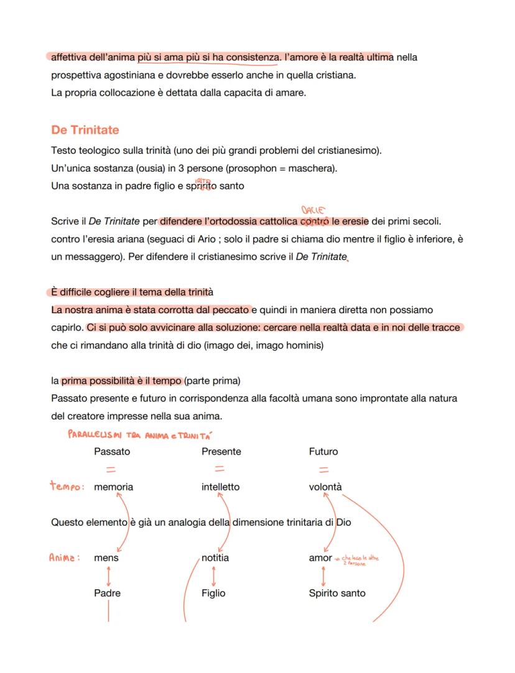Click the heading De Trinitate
tap(85, 130)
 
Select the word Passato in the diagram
tap(112, 451)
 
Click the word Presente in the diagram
tap(221, 451)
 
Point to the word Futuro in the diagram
tap(325, 451)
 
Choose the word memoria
tap(113, 487)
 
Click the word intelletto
tap(220, 487)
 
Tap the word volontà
tap(325, 487)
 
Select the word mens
tap(106, 558)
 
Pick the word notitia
tap(215, 558)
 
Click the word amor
tap(320, 558)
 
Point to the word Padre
tap(107, 593)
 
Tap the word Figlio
tap(213, 593)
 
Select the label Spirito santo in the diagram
tap(337, 593)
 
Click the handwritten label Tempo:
tap(67, 487)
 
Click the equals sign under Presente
tap(220, 469)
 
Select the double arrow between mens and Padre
tap(107, 575)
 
